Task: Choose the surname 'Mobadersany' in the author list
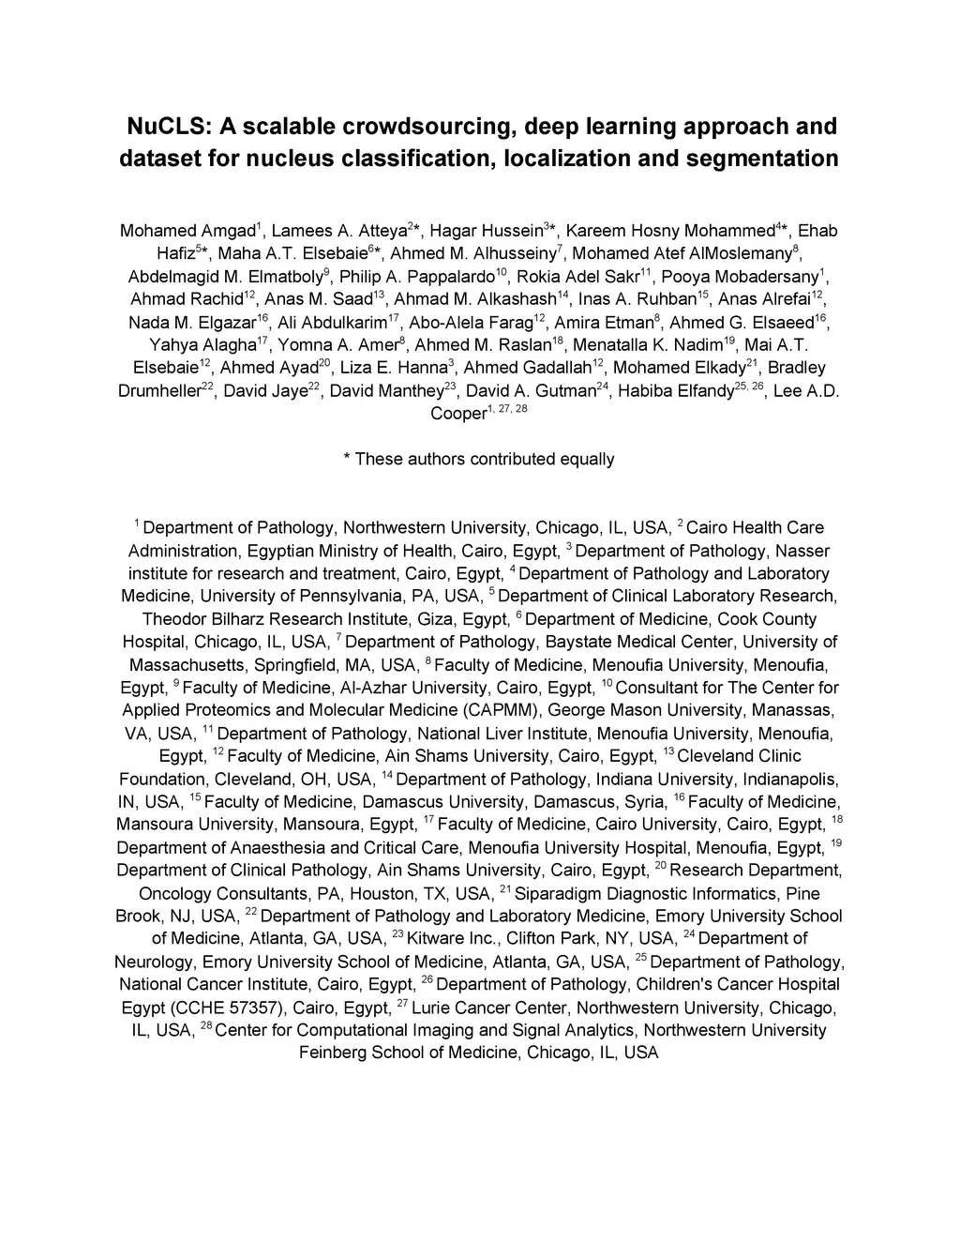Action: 767,277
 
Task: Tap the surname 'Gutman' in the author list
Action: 561,391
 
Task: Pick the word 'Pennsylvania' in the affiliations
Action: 354,597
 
